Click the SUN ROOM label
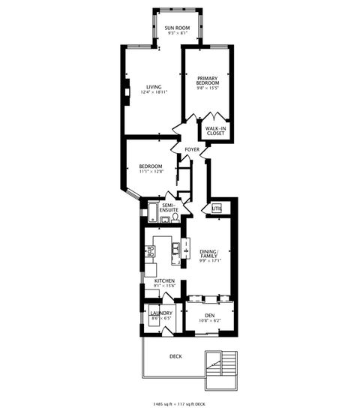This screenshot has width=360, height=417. [178, 28]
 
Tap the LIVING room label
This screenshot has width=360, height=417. [153, 86]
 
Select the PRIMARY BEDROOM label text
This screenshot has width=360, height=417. [207, 81]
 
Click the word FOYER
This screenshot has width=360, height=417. [193, 150]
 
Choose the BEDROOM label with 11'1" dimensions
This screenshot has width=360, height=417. [151, 166]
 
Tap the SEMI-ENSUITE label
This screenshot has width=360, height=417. [169, 207]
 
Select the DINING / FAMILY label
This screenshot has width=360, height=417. [207, 255]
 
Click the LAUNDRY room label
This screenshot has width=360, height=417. [161, 313]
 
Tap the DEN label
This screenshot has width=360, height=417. [209, 315]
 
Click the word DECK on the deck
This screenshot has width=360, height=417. [175, 356]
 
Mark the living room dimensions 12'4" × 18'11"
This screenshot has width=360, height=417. [153, 92]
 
